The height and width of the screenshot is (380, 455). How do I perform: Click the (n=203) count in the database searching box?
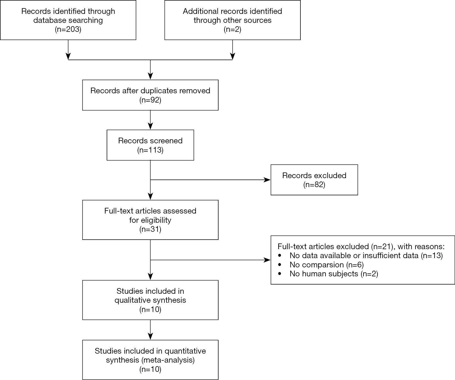(68, 29)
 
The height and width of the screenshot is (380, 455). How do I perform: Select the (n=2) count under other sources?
(232, 29)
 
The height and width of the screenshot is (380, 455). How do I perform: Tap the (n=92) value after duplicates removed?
(150, 100)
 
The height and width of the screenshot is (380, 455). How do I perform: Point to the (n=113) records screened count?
(150, 150)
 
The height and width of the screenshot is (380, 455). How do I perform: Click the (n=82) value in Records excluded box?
(314, 185)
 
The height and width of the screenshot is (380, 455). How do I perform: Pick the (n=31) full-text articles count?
(150, 229)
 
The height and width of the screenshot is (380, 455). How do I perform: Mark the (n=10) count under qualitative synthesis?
(150, 310)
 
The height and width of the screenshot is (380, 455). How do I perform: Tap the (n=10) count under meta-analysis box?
(150, 369)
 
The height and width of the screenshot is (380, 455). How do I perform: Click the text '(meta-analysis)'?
(168, 360)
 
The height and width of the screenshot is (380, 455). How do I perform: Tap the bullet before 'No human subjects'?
(279, 274)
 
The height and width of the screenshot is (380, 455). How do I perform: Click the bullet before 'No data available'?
(279, 256)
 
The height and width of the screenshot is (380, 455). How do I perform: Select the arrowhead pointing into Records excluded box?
(268, 180)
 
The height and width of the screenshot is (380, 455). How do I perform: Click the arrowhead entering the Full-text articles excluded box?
(268, 260)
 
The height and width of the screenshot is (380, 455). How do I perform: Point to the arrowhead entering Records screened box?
(150, 126)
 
